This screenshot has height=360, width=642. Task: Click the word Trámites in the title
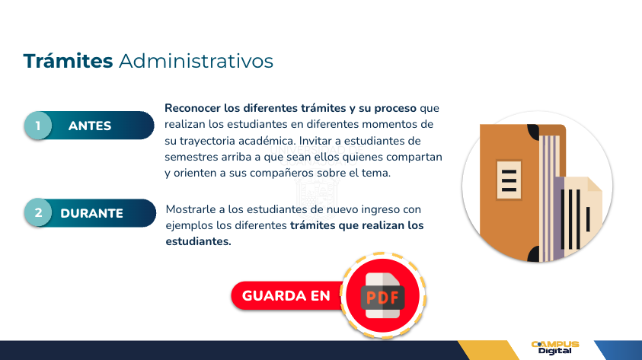coord(68,61)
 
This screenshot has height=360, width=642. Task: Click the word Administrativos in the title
coord(196,62)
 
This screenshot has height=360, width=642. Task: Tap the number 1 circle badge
coord(38,125)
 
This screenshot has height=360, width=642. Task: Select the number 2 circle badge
coord(38,213)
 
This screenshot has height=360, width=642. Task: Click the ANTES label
coord(90,126)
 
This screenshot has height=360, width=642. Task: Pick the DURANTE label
coord(91,214)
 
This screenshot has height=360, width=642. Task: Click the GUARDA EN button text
coord(286,296)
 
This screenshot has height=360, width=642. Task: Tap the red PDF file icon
coord(383,296)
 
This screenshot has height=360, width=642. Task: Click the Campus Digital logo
coord(555,348)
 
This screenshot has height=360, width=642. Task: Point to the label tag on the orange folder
coord(509,180)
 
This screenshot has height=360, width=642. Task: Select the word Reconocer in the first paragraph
coord(193,108)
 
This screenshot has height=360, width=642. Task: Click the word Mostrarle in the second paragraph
coord(191,209)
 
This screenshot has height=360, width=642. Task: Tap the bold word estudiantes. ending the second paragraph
coord(198,242)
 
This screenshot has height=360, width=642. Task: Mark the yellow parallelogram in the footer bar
coord(488,350)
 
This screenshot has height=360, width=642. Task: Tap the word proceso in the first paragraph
coord(395,108)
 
